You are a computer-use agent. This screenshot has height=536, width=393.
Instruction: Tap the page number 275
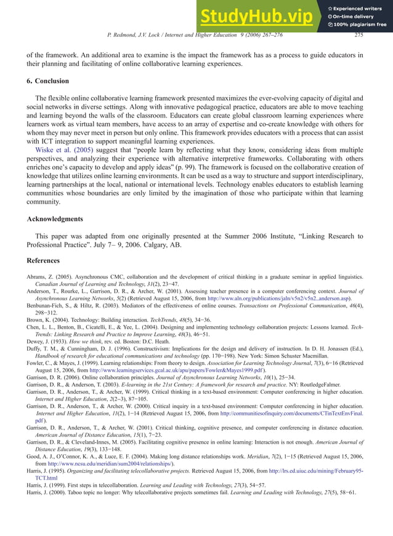coord(359,35)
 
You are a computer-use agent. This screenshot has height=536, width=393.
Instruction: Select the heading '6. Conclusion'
coord(47,81)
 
